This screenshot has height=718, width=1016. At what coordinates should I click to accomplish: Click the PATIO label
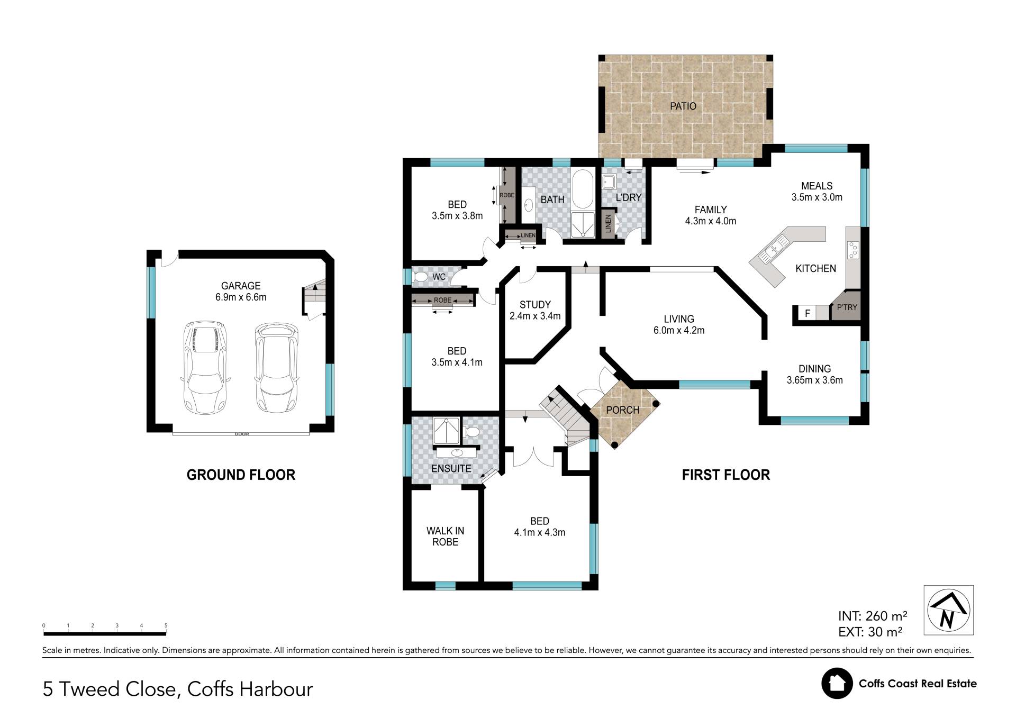pyautogui.click(x=683, y=106)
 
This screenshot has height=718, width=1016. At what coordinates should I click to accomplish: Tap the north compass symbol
pyautogui.click(x=948, y=610)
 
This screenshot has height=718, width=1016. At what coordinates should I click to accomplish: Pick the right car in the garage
pyautogui.click(x=276, y=368)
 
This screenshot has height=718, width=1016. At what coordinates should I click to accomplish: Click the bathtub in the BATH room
pyautogui.click(x=583, y=189)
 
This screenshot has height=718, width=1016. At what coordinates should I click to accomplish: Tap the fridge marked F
pyautogui.click(x=808, y=313)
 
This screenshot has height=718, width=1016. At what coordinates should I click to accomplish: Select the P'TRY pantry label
pyautogui.click(x=847, y=307)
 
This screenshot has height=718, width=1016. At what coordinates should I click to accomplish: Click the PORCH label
pyautogui.click(x=622, y=410)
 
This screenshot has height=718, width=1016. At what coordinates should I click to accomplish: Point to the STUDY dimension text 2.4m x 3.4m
pyautogui.click(x=535, y=316)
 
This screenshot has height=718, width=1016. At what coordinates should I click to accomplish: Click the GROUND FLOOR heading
pyautogui.click(x=241, y=475)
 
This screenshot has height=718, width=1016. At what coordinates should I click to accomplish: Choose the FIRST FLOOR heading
pyautogui.click(x=725, y=475)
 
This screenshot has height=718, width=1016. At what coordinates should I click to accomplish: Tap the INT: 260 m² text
pyautogui.click(x=873, y=616)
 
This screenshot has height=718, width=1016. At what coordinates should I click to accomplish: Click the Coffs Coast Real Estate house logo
pyautogui.click(x=837, y=683)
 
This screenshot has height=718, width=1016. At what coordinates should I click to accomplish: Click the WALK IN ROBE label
pyautogui.click(x=445, y=537)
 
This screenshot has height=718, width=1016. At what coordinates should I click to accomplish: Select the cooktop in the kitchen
pyautogui.click(x=852, y=250)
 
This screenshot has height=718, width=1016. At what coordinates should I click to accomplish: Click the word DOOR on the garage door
pyautogui.click(x=242, y=434)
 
